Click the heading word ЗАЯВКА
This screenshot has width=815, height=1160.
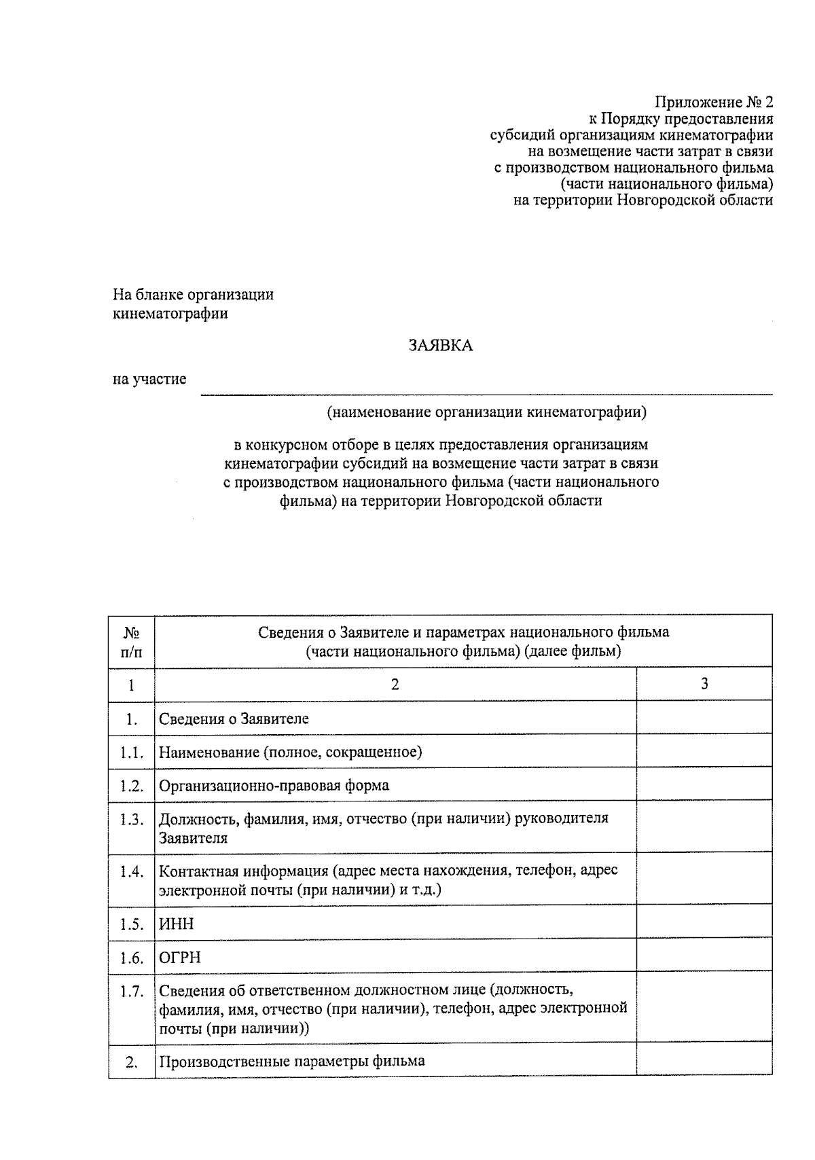point(440,346)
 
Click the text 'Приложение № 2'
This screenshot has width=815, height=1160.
point(713,103)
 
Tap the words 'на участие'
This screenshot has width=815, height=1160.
point(149,379)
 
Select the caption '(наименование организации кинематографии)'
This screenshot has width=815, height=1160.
point(486,412)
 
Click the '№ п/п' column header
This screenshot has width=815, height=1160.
point(131,642)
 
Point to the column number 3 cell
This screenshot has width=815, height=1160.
point(704,683)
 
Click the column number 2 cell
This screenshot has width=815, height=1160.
point(395,683)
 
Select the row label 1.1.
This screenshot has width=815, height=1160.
point(131,752)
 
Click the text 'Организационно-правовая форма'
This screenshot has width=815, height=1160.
point(274,786)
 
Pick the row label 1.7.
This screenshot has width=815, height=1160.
point(131,992)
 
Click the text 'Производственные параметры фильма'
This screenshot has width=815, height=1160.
point(292,1061)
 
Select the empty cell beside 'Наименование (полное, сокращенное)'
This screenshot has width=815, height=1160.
point(704,752)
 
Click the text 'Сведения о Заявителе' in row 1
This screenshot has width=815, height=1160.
point(234,719)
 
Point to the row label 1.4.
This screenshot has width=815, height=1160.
point(131,871)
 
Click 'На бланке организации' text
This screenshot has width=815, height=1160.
point(193,295)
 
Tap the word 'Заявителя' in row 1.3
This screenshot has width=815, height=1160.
point(193,838)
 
